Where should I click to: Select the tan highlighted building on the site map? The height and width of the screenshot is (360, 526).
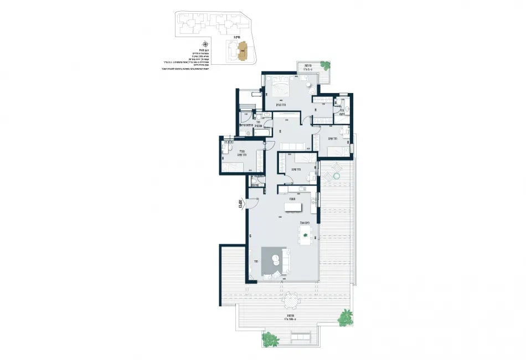pyautogui.click(x=241, y=53)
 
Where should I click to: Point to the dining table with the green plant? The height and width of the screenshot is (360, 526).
pyautogui.click(x=305, y=235)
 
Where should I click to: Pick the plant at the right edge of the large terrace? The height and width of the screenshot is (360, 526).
pyautogui.click(x=345, y=317)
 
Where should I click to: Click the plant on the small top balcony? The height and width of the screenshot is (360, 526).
pyautogui.click(x=326, y=74)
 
